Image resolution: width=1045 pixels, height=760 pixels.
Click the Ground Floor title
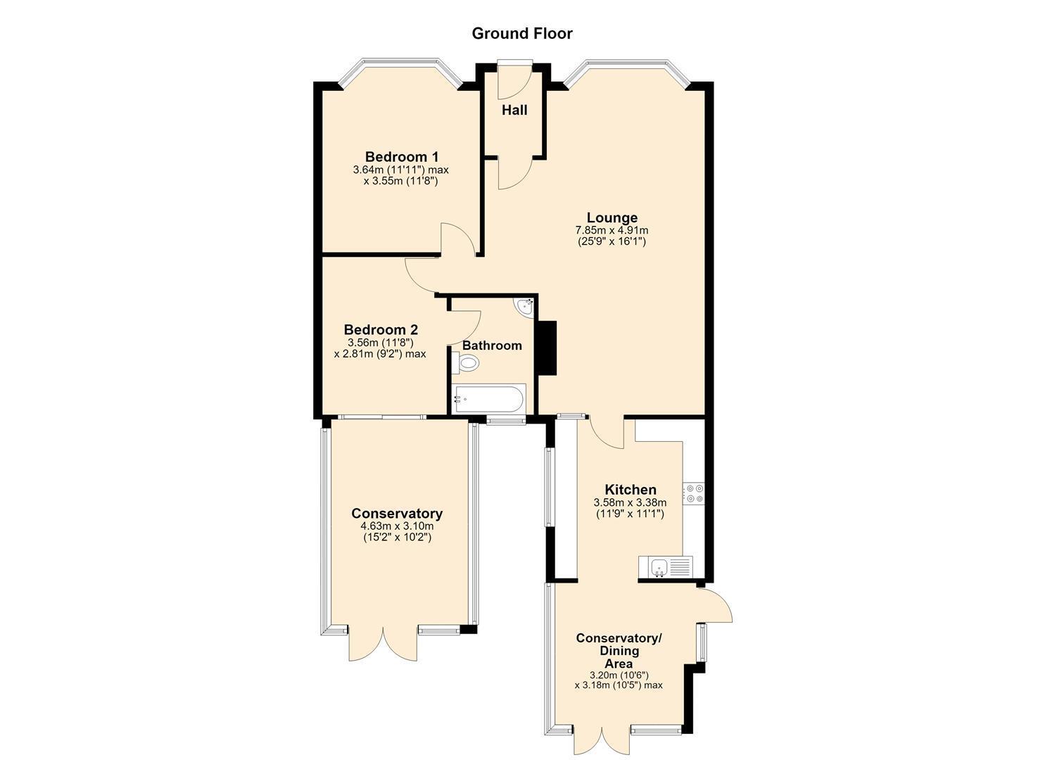point(522,34)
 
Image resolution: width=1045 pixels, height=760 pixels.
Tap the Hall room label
point(514,110)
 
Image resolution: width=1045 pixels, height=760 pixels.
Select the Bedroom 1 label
point(402,156)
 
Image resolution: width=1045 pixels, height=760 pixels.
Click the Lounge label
point(612,217)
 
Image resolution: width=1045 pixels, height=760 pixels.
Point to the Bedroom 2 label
point(381,329)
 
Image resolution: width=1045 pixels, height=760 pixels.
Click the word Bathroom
point(492,346)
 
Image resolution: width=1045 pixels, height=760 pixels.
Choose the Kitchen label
point(631,489)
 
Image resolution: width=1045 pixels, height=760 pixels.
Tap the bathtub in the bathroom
point(488,399)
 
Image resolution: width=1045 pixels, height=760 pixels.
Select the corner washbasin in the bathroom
point(525,307)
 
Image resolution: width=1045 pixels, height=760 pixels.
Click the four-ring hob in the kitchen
point(694,493)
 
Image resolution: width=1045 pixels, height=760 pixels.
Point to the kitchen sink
point(665,567)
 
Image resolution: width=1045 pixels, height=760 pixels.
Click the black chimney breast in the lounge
point(547,348)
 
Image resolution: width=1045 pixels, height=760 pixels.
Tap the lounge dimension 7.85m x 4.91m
point(612,231)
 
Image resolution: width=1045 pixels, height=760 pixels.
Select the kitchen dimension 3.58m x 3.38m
point(630,502)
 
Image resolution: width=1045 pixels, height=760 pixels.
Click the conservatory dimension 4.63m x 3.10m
point(397,526)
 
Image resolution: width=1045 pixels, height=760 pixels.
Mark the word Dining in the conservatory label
point(619,651)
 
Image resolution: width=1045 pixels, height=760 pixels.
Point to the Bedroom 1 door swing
point(459,239)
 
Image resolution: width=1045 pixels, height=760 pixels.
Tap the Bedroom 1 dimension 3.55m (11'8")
point(400,182)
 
